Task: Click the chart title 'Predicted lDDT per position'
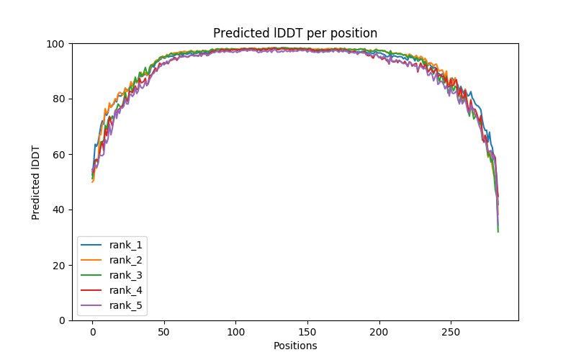coord(295,33)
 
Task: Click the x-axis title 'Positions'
coord(295,346)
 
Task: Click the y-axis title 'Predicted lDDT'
coord(36,182)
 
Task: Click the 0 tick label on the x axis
coord(92,332)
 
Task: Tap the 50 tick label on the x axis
coord(164,332)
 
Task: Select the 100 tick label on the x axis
coord(235,332)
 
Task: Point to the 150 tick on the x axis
coord(307,332)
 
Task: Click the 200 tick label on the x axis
coord(379,332)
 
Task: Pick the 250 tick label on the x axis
coord(451,332)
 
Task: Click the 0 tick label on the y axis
coord(63,320)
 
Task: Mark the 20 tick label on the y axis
coord(60,265)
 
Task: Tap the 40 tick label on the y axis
coord(60,210)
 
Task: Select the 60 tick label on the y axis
coord(60,154)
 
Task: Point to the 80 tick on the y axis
coord(60,99)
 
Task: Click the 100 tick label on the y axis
coord(58,44)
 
